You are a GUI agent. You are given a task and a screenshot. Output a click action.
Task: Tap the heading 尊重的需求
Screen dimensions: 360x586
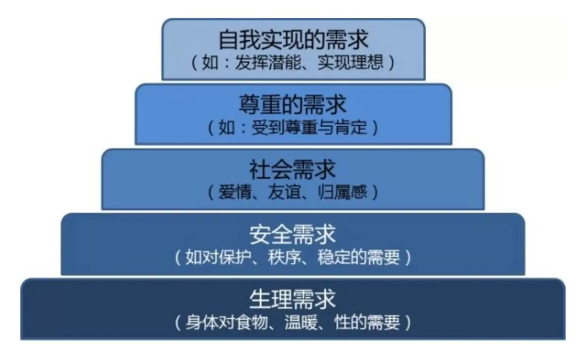coord(293,105)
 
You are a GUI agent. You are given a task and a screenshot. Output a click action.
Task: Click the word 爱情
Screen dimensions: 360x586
coord(232,192)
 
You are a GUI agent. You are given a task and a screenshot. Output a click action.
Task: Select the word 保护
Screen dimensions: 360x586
coord(230,258)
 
